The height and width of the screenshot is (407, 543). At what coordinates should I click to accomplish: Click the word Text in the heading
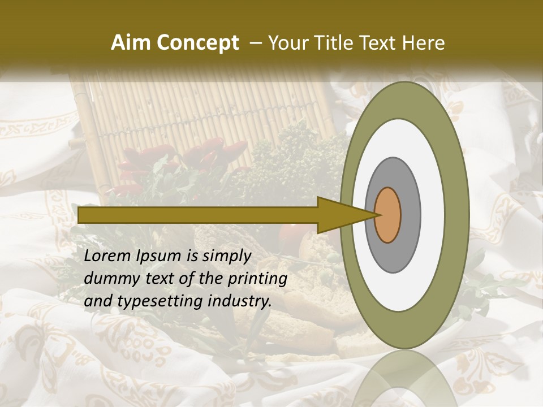pos(381,43)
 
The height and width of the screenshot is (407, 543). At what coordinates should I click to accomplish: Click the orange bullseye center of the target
pos(388,215)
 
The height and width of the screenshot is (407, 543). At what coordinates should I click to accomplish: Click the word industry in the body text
pos(240,301)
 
